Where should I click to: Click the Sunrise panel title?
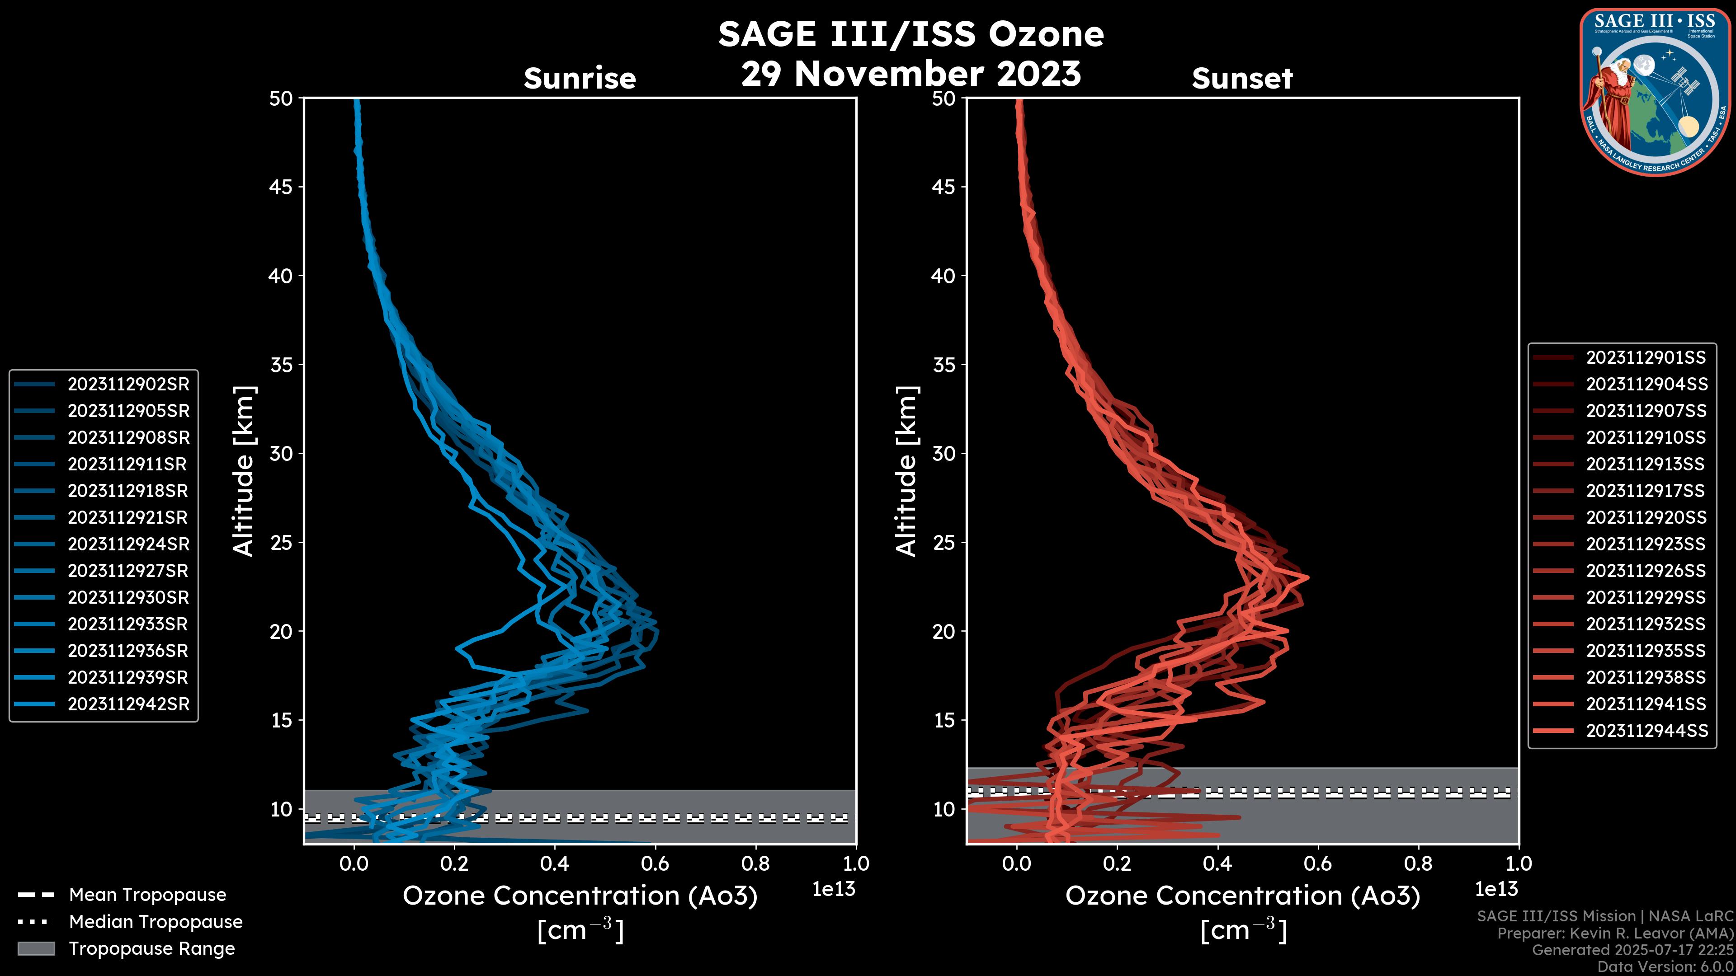pyautogui.click(x=580, y=78)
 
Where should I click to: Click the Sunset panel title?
pyautogui.click(x=1242, y=78)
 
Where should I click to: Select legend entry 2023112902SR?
pyautogui.click(x=128, y=384)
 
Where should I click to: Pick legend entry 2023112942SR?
pyautogui.click(x=128, y=704)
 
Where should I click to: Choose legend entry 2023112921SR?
pyautogui.click(x=128, y=517)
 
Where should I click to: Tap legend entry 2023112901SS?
pyautogui.click(x=1646, y=357)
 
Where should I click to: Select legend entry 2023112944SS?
pyautogui.click(x=1646, y=731)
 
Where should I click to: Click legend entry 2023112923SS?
pyautogui.click(x=1646, y=544)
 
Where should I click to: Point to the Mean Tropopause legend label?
pyautogui.click(x=147, y=895)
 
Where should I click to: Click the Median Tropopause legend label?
pyautogui.click(x=156, y=921)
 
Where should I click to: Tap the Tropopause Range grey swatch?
pyautogui.click(x=36, y=948)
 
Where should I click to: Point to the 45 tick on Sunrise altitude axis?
pyautogui.click(x=281, y=187)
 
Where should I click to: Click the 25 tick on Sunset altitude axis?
pyautogui.click(x=944, y=542)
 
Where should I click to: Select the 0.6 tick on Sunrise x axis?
pyautogui.click(x=655, y=863)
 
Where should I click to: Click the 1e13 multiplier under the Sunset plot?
pyautogui.click(x=1496, y=889)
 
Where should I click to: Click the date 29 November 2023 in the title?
pyautogui.click(x=910, y=73)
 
